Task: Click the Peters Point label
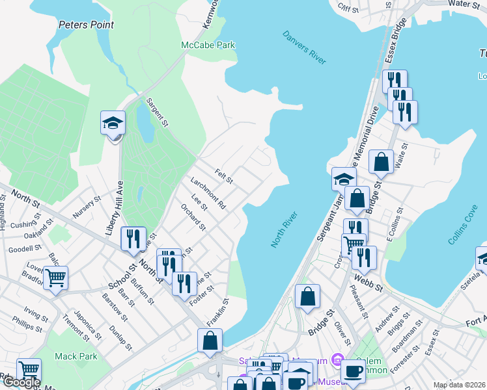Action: [86, 25]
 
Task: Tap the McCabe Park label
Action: [208, 45]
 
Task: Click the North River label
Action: [284, 229]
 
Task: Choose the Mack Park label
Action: [76, 356]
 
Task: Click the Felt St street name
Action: [224, 175]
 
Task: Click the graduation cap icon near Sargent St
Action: [113, 122]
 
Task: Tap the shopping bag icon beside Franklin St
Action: [210, 340]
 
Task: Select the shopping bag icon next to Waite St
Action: [381, 162]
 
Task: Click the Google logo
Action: [21, 382]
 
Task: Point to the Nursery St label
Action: [87, 207]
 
